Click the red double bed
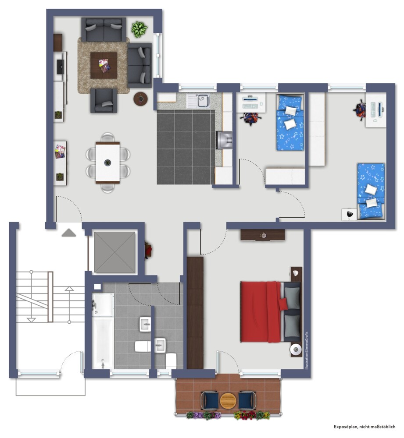point(270,312)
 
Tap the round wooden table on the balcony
point(228,401)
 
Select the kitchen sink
point(199,101)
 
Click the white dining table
point(108,162)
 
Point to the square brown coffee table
point(104,66)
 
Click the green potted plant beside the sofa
point(139,29)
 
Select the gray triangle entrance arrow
point(69,233)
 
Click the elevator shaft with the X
point(115,252)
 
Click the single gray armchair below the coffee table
point(104,101)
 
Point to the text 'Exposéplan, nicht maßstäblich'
point(364,427)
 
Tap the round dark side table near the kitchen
point(140,99)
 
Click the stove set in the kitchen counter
point(224,140)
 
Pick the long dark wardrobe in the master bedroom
point(195,313)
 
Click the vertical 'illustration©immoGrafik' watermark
point(307,351)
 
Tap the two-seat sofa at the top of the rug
point(104,30)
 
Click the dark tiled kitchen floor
point(186,147)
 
